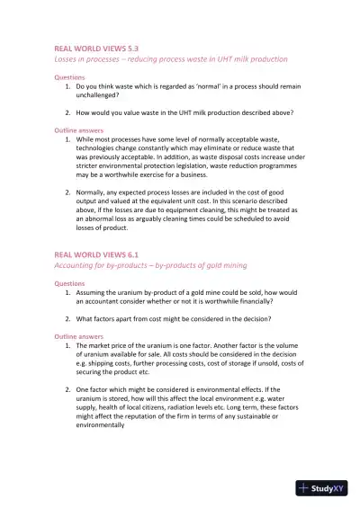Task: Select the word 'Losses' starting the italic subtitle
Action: click(68, 58)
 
